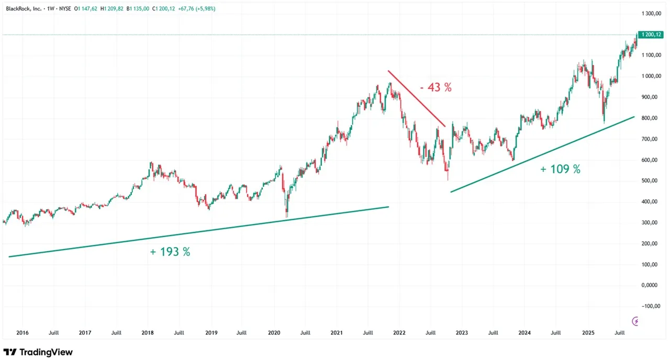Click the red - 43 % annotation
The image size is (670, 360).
(435, 88)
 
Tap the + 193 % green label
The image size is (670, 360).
(170, 252)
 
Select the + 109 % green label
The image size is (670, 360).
(560, 169)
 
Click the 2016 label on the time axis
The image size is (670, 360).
(22, 332)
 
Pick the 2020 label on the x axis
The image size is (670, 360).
(274, 332)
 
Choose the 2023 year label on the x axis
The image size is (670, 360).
(462, 332)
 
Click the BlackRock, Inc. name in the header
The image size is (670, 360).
(23, 9)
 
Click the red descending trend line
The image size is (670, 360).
(417, 98)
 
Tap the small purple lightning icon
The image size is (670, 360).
(636, 321)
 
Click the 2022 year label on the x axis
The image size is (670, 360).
(399, 332)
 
